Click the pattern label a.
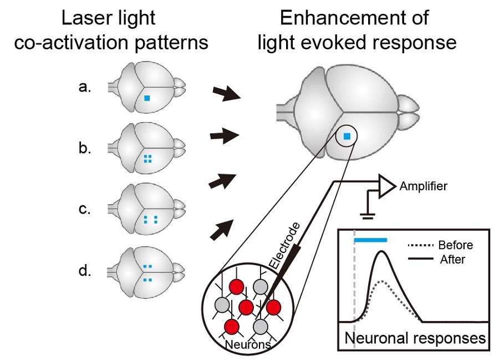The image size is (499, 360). [84, 87]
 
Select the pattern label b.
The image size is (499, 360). [84, 149]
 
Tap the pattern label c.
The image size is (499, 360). [84, 210]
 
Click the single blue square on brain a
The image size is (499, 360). [147, 98]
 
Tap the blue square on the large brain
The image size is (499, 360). [347, 136]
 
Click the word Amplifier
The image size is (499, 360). [423, 186]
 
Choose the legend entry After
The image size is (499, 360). [452, 258]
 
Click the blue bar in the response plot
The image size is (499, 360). [370, 239]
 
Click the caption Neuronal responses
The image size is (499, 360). [415, 338]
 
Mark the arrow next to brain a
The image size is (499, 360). [225, 95]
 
